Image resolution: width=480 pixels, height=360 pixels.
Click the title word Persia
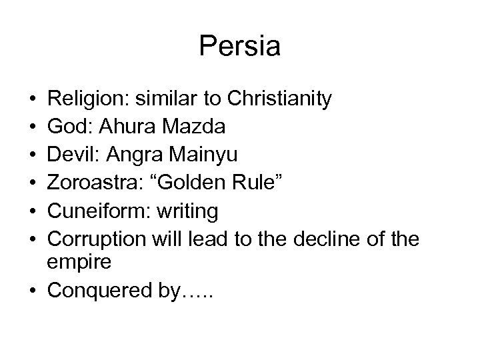tap(239, 47)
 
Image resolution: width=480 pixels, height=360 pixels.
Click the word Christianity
tap(279, 100)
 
